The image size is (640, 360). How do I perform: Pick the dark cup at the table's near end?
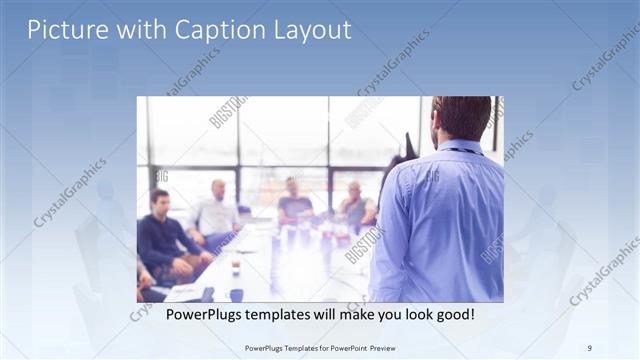point(236,294)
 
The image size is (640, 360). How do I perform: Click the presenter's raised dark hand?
point(406,150)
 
